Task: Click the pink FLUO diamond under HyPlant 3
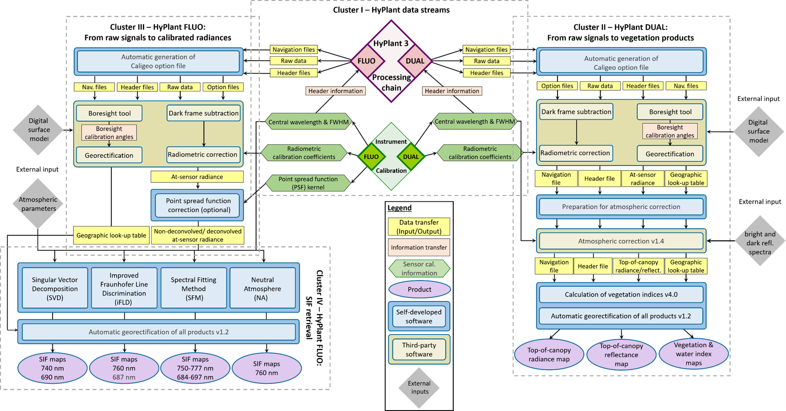click(x=367, y=61)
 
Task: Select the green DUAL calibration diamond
click(x=411, y=157)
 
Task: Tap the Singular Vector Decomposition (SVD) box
click(x=55, y=288)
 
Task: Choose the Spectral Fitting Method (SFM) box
click(x=194, y=288)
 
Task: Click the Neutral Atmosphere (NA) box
click(x=263, y=288)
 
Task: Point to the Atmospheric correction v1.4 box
click(x=621, y=241)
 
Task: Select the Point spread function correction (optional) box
click(x=198, y=205)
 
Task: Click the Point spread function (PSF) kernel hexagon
click(x=308, y=183)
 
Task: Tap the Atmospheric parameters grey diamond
click(x=38, y=204)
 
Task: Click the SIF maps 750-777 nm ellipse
click(x=195, y=368)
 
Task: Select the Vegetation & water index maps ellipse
click(x=694, y=354)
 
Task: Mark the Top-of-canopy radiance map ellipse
click(x=549, y=354)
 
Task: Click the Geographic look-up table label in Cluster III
click(x=111, y=235)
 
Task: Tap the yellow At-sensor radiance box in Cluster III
click(x=197, y=177)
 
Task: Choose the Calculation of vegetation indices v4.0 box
click(x=621, y=295)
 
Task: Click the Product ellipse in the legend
click(x=419, y=289)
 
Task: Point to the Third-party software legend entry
click(x=419, y=349)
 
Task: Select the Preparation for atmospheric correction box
click(x=621, y=207)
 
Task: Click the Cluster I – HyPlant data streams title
click(x=391, y=10)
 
